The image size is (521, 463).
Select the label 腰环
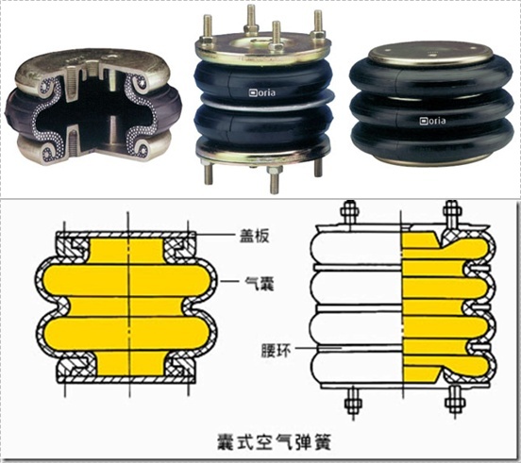tap(277, 350)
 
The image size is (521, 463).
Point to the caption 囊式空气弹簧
tap(275, 440)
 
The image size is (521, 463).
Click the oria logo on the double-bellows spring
tap(262, 92)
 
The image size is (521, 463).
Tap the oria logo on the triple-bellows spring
tap(432, 121)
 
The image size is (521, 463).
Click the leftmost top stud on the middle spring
tap(208, 29)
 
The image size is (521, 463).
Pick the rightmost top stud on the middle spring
tap(318, 25)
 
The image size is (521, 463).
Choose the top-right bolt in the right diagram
tap(451, 214)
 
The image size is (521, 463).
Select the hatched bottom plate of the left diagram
tap(126, 379)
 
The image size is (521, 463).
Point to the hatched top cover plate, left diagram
tap(126, 235)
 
